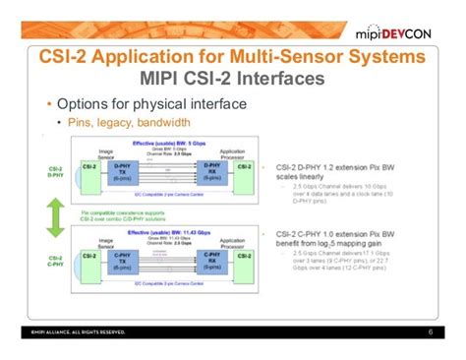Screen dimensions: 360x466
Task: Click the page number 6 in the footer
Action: [x=431, y=331]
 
